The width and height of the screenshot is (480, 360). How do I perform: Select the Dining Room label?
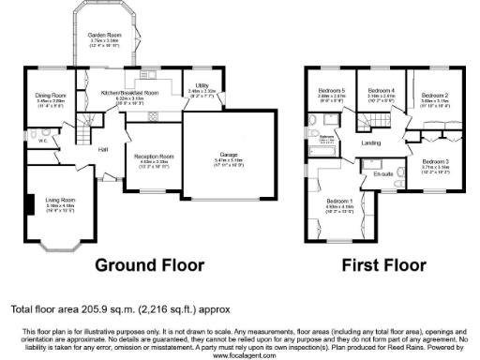click(51, 95)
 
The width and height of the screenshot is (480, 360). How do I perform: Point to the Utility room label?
click(202, 85)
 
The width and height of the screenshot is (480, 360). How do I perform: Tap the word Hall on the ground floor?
click(103, 149)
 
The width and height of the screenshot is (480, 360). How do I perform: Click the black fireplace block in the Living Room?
click(32, 204)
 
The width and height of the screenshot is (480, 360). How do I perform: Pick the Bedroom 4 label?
click(380, 91)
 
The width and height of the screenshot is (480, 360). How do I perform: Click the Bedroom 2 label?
click(433, 96)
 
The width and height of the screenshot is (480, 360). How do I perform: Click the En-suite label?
click(382, 174)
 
